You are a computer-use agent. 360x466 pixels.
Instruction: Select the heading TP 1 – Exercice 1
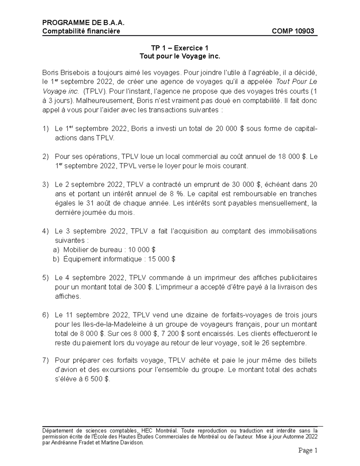pos(180,48)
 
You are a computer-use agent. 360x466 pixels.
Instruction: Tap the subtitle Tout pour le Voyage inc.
pos(180,56)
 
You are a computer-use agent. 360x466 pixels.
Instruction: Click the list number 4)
pos(45,231)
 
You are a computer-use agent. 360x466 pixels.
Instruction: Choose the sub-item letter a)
pos(56,250)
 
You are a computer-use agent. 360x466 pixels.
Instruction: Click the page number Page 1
pos(307,450)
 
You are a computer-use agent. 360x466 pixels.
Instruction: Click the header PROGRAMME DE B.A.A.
pos(83,23)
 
